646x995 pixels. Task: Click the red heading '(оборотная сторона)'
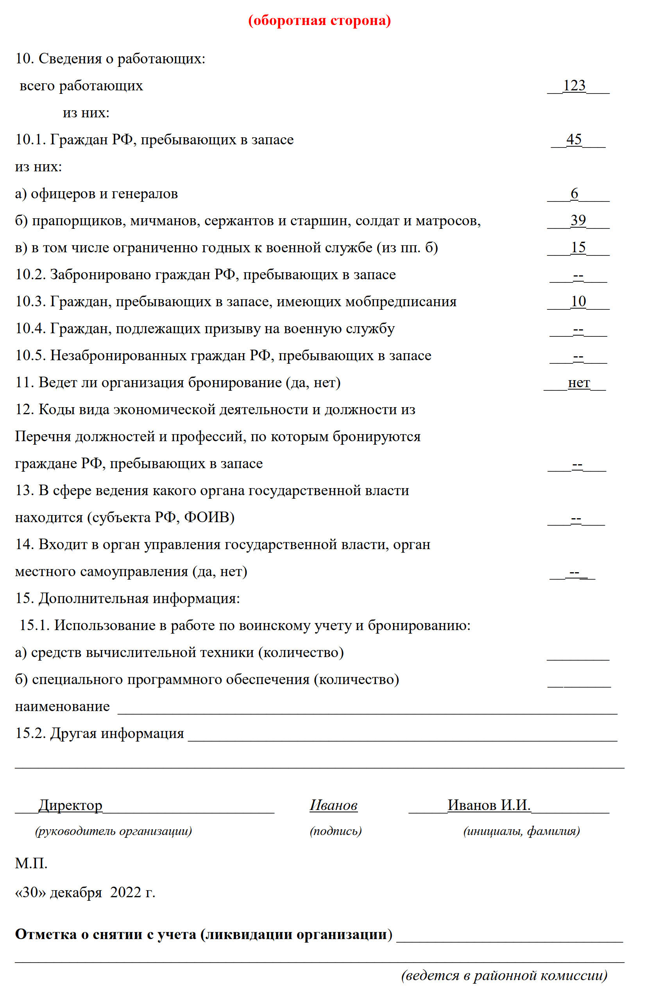[x=320, y=20]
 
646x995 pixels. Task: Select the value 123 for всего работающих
[x=574, y=85]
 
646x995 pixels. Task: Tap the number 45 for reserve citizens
[x=574, y=139]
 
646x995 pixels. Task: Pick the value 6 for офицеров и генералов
[x=574, y=194]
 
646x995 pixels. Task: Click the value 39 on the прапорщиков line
[x=578, y=220]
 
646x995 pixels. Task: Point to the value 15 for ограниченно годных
[x=578, y=248]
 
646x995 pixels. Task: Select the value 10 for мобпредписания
[x=578, y=302]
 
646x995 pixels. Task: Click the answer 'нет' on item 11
[x=579, y=383]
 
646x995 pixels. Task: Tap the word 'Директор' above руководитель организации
[x=70, y=805]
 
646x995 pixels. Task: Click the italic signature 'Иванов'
[x=333, y=805]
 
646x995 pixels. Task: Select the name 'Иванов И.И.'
[x=489, y=805]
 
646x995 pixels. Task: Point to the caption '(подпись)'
[x=336, y=831]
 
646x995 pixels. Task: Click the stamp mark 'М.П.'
[x=31, y=863]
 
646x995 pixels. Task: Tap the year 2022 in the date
[x=126, y=892]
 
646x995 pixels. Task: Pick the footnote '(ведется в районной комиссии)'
[x=504, y=975]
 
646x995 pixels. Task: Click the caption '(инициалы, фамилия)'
[x=521, y=831]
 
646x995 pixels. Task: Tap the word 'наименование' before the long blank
[x=62, y=706]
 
